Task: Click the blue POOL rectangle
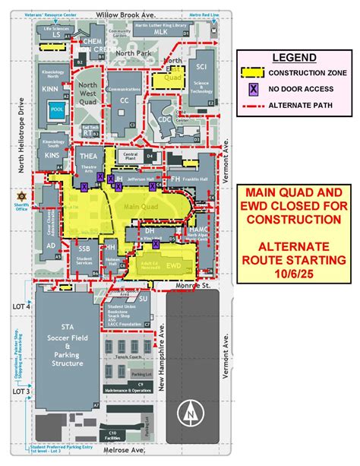(x=56, y=109)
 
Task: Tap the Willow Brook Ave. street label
(x=125, y=14)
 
